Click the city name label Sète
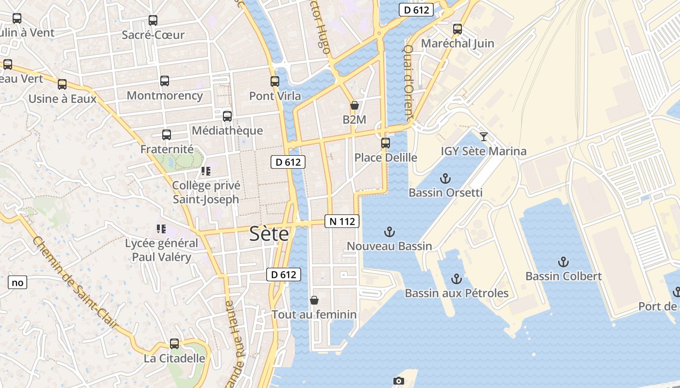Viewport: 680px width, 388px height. [x=269, y=234]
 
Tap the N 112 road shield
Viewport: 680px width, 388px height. [x=342, y=222]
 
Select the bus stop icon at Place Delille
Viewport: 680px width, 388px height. [x=386, y=143]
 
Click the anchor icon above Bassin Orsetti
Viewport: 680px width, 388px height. [x=445, y=178]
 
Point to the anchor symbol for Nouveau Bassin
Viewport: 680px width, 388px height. [x=389, y=232]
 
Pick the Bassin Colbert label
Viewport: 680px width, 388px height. [x=563, y=276]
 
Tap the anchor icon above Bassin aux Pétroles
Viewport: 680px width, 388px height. [x=456, y=279]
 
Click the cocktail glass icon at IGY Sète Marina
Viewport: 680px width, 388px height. [x=484, y=136]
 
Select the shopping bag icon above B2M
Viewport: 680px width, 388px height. [x=355, y=105]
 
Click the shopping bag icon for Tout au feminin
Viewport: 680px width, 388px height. [x=314, y=300]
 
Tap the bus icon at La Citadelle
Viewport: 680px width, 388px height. [x=174, y=344]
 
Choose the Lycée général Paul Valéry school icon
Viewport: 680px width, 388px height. [x=161, y=228]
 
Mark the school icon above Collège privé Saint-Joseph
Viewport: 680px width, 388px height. [x=206, y=171]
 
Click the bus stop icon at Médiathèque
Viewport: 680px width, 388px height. [x=227, y=116]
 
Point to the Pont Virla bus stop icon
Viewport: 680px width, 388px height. [x=275, y=81]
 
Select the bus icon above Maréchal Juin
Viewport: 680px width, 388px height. [x=458, y=29]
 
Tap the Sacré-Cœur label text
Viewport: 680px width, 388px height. [x=153, y=35]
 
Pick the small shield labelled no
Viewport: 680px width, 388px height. [x=17, y=282]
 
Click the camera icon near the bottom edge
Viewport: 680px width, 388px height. [x=399, y=381]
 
